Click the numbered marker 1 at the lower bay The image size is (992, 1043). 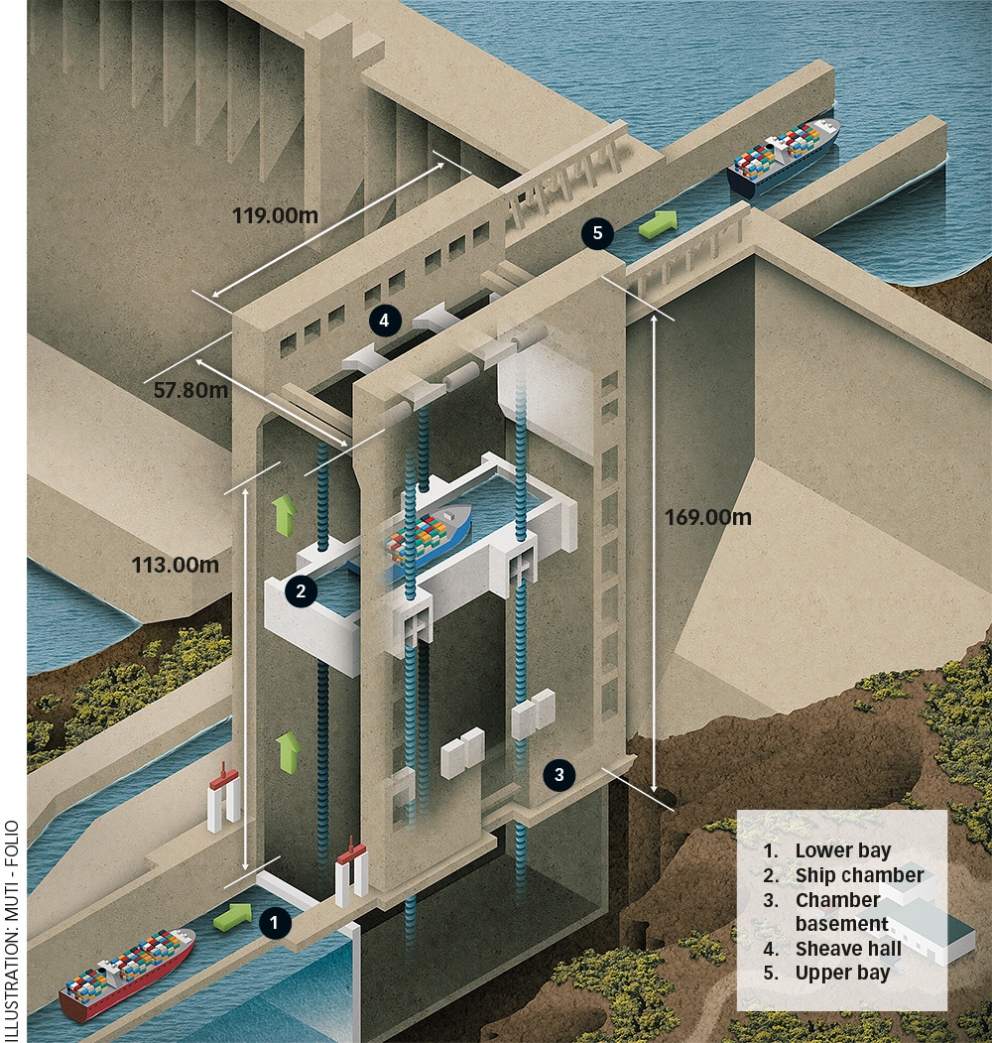pyautogui.click(x=275, y=923)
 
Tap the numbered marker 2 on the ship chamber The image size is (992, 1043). pyautogui.click(x=300, y=591)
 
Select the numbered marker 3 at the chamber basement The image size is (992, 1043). pyautogui.click(x=559, y=774)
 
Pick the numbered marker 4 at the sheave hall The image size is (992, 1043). pyautogui.click(x=385, y=320)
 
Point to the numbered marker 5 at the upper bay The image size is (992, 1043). pyautogui.click(x=596, y=234)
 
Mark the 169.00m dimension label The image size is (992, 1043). pyautogui.click(x=708, y=516)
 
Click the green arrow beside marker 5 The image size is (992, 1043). pyautogui.click(x=657, y=224)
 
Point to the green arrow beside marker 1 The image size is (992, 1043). pyautogui.click(x=233, y=915)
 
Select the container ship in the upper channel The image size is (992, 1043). pyautogui.click(x=784, y=154)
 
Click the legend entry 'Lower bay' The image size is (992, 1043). pyautogui.click(x=842, y=850)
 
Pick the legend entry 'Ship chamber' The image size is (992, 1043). pyautogui.click(x=859, y=875)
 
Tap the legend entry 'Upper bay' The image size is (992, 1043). pyautogui.click(x=842, y=974)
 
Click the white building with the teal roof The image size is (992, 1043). pyautogui.click(x=928, y=928)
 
